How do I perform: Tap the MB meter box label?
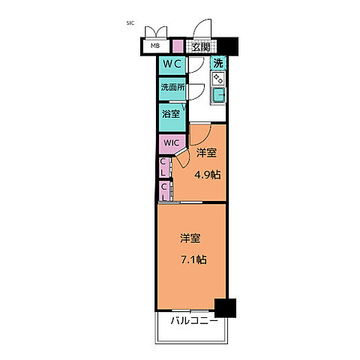[155, 46]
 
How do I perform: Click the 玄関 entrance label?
[200, 46]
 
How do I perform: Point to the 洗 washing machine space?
[218, 64]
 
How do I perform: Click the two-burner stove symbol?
[218, 79]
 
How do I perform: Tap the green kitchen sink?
[218, 95]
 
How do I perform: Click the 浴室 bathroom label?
[170, 114]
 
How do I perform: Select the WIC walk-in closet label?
[169, 142]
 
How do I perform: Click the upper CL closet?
[163, 166]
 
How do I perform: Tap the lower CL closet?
[163, 190]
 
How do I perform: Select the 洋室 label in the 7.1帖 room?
[190, 239]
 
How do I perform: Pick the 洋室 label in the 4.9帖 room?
[206, 153]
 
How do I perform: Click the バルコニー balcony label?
[193, 320]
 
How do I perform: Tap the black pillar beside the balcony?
[224, 307]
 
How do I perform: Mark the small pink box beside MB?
[177, 46]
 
